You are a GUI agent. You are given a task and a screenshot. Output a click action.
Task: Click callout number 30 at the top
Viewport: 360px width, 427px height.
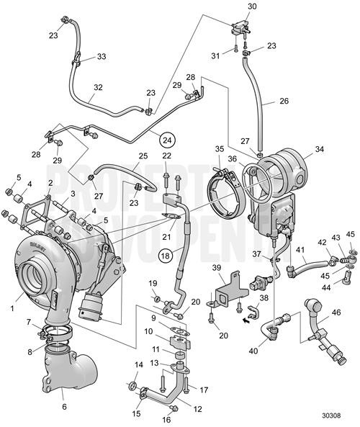pos(251,6)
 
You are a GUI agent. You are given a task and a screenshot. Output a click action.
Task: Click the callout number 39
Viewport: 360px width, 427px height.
pos(217,269)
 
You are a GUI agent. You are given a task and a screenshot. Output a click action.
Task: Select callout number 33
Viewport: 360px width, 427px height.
pos(101,56)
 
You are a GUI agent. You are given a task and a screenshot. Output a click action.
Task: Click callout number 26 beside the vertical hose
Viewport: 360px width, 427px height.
pos(284,102)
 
